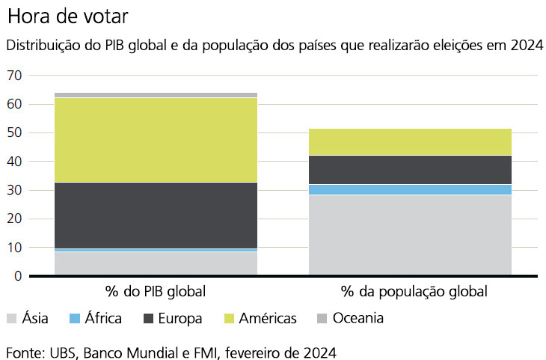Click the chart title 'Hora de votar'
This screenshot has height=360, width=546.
(x=68, y=16)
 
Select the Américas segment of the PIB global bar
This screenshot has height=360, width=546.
(x=156, y=140)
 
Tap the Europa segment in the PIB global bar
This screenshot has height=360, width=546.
(x=156, y=216)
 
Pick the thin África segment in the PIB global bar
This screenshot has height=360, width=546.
(x=156, y=250)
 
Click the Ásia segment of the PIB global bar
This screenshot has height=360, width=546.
(x=156, y=263)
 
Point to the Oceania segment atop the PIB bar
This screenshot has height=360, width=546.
(x=156, y=95)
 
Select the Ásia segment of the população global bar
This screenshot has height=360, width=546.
(x=410, y=235)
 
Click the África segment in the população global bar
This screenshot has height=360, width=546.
(x=410, y=189)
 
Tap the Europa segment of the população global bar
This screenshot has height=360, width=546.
(x=410, y=170)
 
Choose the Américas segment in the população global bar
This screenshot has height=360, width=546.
(x=410, y=142)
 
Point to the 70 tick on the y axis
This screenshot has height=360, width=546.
(x=14, y=76)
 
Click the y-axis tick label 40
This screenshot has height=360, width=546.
(x=14, y=162)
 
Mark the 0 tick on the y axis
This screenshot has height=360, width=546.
(x=18, y=276)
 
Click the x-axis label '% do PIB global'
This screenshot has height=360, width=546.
(x=156, y=291)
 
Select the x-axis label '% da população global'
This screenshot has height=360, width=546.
(x=414, y=291)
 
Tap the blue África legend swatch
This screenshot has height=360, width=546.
(x=75, y=318)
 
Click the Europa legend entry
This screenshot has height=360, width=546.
(x=173, y=318)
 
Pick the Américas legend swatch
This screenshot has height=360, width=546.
(x=229, y=318)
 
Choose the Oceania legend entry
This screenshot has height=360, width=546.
(x=350, y=318)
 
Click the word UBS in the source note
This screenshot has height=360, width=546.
(x=63, y=353)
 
